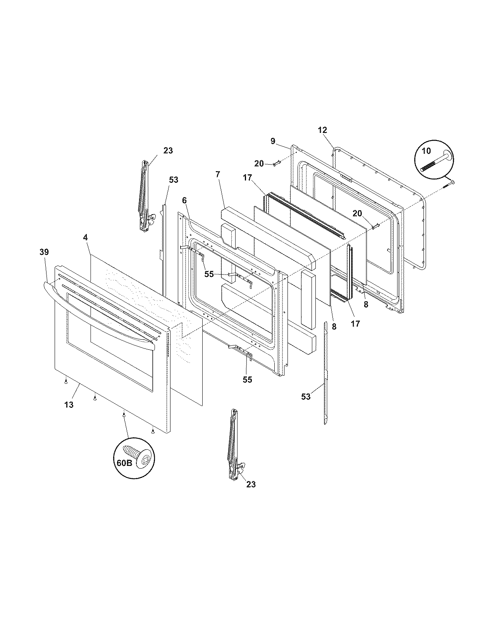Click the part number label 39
(44, 252)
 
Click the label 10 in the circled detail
(426, 151)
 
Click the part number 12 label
(322, 130)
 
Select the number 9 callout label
(273, 141)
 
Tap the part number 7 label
(218, 175)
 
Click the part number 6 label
(184, 200)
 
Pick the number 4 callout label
(85, 236)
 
